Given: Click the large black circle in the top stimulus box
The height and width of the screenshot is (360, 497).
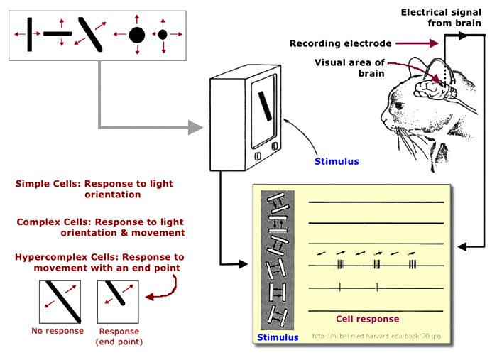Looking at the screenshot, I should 137,34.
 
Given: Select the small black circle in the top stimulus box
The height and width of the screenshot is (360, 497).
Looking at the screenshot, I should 163,34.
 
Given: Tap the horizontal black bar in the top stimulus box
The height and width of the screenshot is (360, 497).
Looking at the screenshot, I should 58,33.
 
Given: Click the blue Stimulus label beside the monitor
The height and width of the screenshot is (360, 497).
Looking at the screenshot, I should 337,161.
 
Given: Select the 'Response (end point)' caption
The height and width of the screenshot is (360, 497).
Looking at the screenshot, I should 119,336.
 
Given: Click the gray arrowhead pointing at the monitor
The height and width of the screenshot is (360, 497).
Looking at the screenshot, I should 195,128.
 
